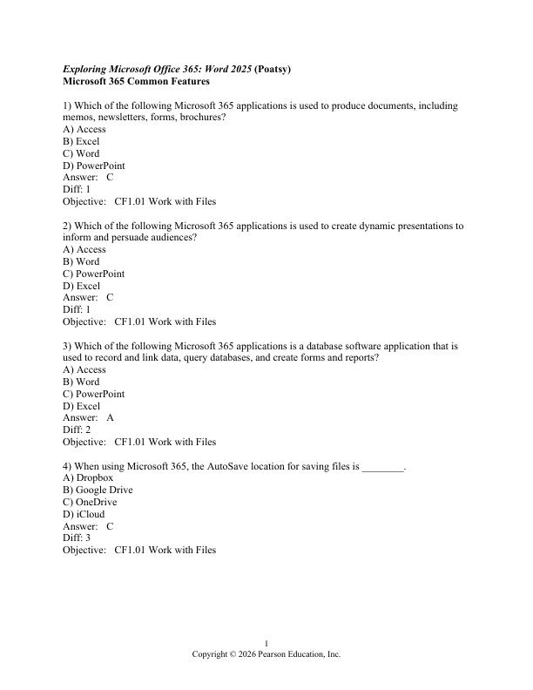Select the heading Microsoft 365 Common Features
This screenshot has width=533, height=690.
[136, 81]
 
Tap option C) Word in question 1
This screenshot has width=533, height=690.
[81, 153]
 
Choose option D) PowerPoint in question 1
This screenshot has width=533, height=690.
[93, 166]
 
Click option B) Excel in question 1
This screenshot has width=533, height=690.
[81, 141]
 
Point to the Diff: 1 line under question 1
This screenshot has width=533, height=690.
[77, 189]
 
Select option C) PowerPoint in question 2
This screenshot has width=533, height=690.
[93, 274]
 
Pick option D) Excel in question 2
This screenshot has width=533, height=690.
[81, 286]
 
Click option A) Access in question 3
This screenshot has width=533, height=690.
[84, 369]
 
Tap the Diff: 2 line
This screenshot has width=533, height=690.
[77, 430]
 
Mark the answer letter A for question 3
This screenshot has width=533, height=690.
[111, 417]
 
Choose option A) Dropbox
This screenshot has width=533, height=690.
[88, 477]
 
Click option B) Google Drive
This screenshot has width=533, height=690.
[98, 490]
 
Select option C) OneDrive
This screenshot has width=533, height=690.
[90, 502]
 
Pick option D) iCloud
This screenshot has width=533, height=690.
[84, 514]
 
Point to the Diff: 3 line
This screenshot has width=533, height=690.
[77, 538]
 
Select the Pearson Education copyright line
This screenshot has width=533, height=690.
[266, 654]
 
